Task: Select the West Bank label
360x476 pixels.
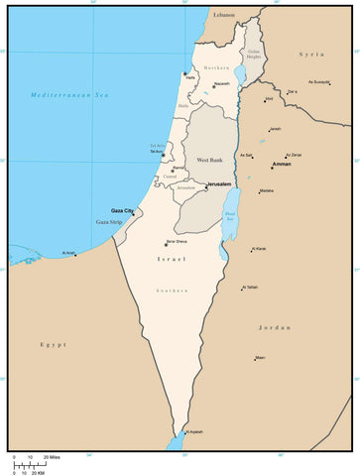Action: click(x=210, y=160)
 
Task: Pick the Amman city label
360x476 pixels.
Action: click(x=283, y=164)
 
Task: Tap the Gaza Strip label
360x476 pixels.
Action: click(x=109, y=223)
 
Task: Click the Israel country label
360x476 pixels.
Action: click(x=171, y=259)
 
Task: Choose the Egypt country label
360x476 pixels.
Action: click(x=53, y=344)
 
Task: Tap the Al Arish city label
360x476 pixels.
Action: click(x=68, y=253)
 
